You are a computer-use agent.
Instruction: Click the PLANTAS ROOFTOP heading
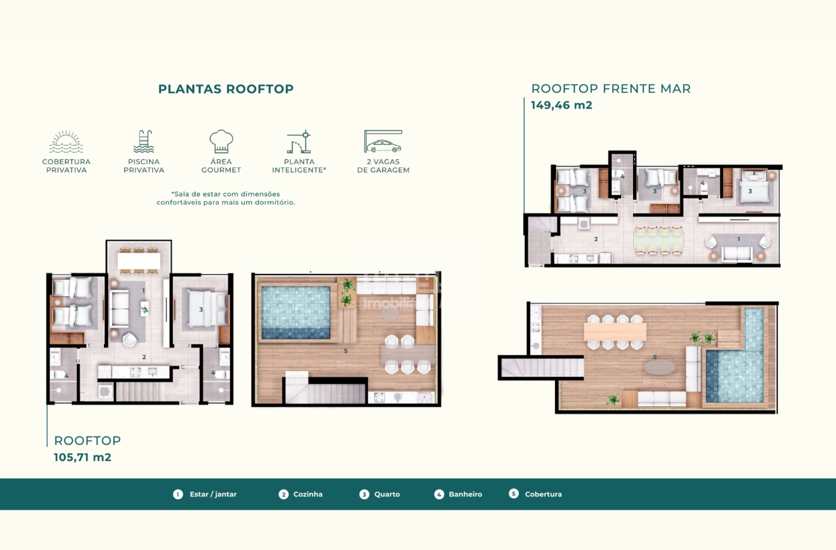[x=226, y=89]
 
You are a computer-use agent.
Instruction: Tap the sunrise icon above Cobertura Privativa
[x=66, y=142]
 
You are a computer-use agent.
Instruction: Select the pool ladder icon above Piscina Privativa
[x=144, y=141]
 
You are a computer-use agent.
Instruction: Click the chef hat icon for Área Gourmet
[x=221, y=141]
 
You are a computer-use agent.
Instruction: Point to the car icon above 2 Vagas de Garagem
[x=383, y=141]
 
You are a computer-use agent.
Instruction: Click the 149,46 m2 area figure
[x=561, y=105]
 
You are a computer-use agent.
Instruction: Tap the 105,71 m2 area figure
[x=82, y=457]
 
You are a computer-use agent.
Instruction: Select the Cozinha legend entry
[x=300, y=494]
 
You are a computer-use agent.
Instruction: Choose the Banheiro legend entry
[x=458, y=494]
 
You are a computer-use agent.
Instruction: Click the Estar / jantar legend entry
[x=205, y=494]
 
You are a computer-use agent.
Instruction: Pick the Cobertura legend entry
[x=535, y=494]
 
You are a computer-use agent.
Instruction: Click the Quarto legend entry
[x=379, y=494]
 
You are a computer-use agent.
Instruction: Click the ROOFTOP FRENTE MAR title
[x=611, y=89]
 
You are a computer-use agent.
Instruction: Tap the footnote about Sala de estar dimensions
[x=226, y=198]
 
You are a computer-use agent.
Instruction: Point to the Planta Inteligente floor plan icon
[x=299, y=141]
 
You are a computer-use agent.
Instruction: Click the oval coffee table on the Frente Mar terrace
[x=660, y=367]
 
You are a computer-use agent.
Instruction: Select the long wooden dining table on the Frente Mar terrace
[x=615, y=332]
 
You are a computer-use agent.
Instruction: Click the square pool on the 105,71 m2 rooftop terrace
[x=296, y=312]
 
